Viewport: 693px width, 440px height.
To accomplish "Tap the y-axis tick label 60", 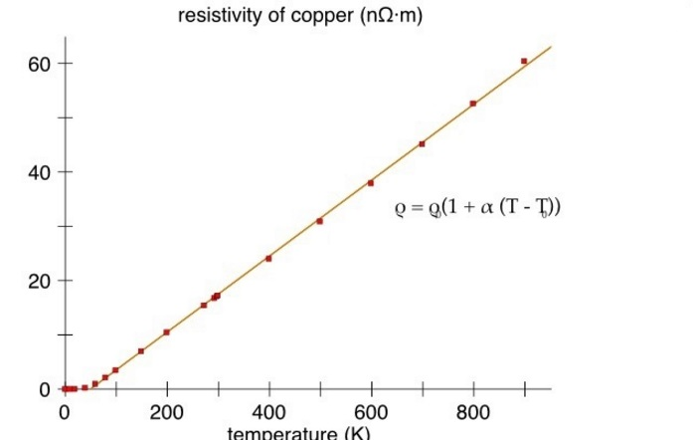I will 37,64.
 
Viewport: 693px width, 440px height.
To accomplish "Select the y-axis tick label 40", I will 37,172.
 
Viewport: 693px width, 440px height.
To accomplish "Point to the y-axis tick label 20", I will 37,281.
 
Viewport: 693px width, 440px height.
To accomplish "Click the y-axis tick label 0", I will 44,389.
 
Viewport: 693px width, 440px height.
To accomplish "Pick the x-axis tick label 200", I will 166,412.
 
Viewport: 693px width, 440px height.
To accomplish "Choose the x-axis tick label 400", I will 268,412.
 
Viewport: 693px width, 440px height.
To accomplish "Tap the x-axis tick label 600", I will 371,412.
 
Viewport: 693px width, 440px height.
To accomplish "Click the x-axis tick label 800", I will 473,412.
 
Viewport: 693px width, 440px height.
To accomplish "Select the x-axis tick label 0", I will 65,412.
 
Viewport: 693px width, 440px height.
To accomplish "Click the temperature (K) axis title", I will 299,433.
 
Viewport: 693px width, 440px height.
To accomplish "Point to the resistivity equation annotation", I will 477,208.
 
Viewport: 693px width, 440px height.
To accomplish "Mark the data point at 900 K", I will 524,61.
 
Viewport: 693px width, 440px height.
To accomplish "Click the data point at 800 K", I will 473,104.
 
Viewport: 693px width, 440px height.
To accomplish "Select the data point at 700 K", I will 422,144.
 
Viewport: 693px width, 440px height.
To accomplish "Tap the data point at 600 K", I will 371,183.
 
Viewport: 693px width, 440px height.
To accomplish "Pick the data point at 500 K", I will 319,221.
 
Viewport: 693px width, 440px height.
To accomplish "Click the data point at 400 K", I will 268,259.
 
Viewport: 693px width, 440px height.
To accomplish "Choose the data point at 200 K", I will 166,332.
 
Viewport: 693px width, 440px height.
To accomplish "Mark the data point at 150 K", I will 141,351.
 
